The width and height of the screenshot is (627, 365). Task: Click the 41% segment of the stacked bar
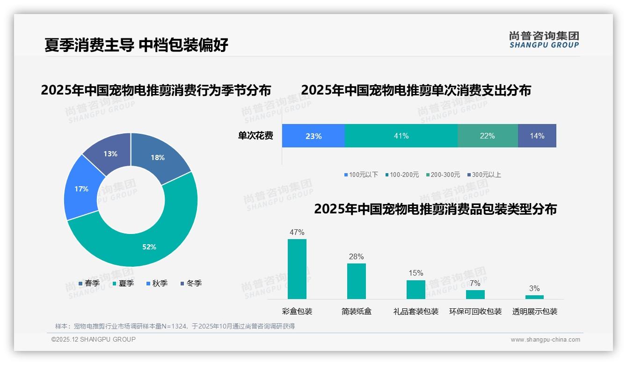(401, 136)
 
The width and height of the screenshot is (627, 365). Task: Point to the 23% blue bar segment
(313, 136)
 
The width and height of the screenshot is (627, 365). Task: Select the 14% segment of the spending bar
(537, 136)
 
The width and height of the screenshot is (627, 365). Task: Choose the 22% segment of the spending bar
(487, 136)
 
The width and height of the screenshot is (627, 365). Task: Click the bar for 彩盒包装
(297, 269)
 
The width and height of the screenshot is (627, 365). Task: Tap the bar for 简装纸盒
(357, 281)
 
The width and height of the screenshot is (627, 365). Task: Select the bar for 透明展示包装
(534, 297)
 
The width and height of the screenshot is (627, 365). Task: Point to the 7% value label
(475, 283)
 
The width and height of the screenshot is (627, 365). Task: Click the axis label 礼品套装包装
(416, 312)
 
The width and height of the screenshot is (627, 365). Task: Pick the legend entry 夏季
(124, 283)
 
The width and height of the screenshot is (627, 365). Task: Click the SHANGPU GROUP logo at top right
(544, 39)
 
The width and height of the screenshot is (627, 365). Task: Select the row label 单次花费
(255, 136)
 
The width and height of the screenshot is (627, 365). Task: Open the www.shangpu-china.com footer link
(545, 340)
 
